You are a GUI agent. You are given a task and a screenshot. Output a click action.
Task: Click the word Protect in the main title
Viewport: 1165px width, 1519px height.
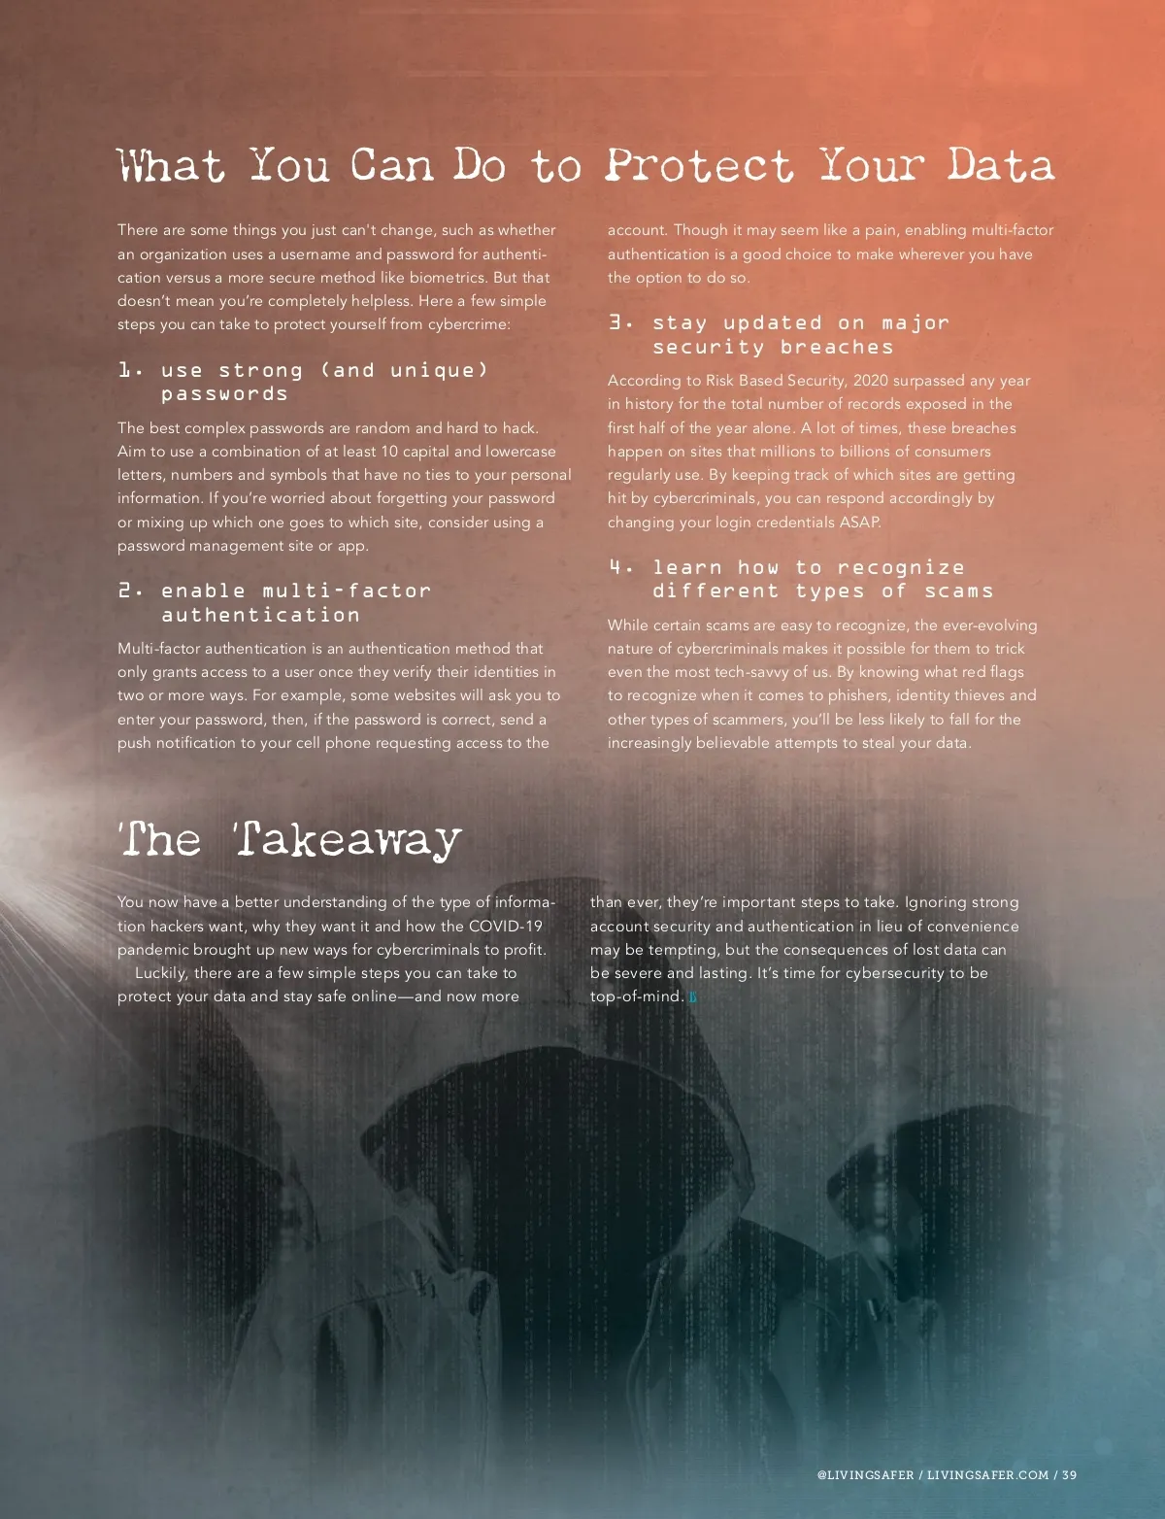click(699, 166)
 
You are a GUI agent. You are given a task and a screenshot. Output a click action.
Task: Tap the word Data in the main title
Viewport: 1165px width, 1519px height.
click(1001, 166)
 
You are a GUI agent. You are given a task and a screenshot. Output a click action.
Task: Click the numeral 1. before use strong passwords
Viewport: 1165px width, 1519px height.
click(130, 370)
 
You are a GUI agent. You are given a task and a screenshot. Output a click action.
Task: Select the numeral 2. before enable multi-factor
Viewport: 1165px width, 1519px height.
click(130, 591)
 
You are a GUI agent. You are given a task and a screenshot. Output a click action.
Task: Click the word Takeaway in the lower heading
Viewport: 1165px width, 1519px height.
click(348, 840)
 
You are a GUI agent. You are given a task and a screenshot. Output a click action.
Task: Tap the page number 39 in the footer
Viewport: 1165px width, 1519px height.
click(1069, 1474)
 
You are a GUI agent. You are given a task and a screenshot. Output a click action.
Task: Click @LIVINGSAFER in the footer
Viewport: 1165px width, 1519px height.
click(865, 1474)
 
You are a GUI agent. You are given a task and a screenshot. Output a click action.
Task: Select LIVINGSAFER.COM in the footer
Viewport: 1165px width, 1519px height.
click(987, 1474)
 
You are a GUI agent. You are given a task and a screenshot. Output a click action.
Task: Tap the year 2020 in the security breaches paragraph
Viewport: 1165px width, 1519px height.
click(871, 381)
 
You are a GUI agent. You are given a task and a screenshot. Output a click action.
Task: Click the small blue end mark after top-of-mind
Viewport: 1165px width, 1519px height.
click(693, 996)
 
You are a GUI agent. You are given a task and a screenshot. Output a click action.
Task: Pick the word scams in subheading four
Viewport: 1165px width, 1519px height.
click(958, 591)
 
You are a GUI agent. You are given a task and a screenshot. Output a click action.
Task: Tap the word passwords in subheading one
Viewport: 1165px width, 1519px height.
click(224, 394)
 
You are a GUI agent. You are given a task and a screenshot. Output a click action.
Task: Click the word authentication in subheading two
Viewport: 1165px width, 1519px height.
click(260, 615)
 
